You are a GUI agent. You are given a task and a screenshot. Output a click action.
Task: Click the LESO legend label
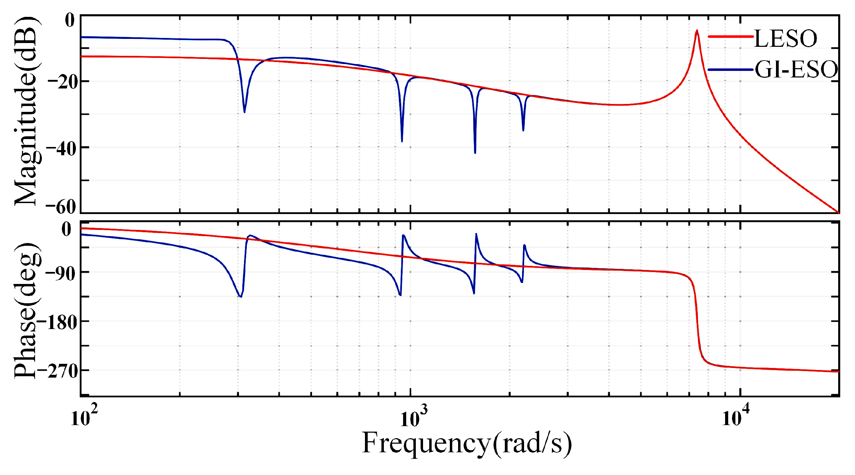pyautogui.click(x=785, y=39)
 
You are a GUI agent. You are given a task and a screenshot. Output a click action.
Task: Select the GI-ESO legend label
pyautogui.click(x=796, y=70)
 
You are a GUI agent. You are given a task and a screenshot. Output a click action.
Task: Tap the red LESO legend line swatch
pyautogui.click(x=731, y=36)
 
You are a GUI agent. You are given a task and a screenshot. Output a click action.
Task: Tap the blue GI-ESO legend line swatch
pyautogui.click(x=731, y=70)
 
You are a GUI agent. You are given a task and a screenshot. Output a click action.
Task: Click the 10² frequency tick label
pyautogui.click(x=84, y=417)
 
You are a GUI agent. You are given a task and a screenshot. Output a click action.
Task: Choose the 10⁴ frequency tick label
pyautogui.click(x=735, y=417)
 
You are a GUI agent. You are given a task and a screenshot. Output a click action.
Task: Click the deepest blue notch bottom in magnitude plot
pyautogui.click(x=475, y=153)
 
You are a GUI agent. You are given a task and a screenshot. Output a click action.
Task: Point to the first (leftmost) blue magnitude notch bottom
pyautogui.click(x=244, y=112)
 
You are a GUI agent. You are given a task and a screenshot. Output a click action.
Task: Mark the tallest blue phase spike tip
pyautogui.click(x=476, y=234)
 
